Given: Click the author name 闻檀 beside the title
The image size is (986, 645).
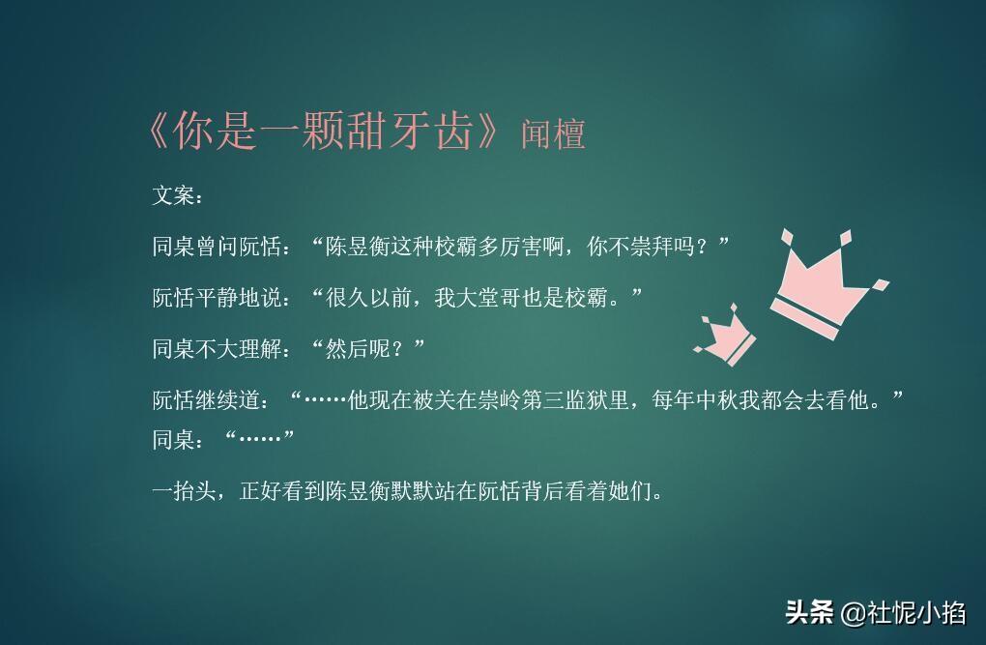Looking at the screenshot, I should (x=553, y=134).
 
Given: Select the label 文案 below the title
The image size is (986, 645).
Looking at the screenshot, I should (x=174, y=196).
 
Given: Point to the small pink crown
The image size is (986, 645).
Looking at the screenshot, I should (x=724, y=334).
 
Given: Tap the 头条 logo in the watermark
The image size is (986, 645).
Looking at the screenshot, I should (x=809, y=613).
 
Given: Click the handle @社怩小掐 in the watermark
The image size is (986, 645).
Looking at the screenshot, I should (x=903, y=613).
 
